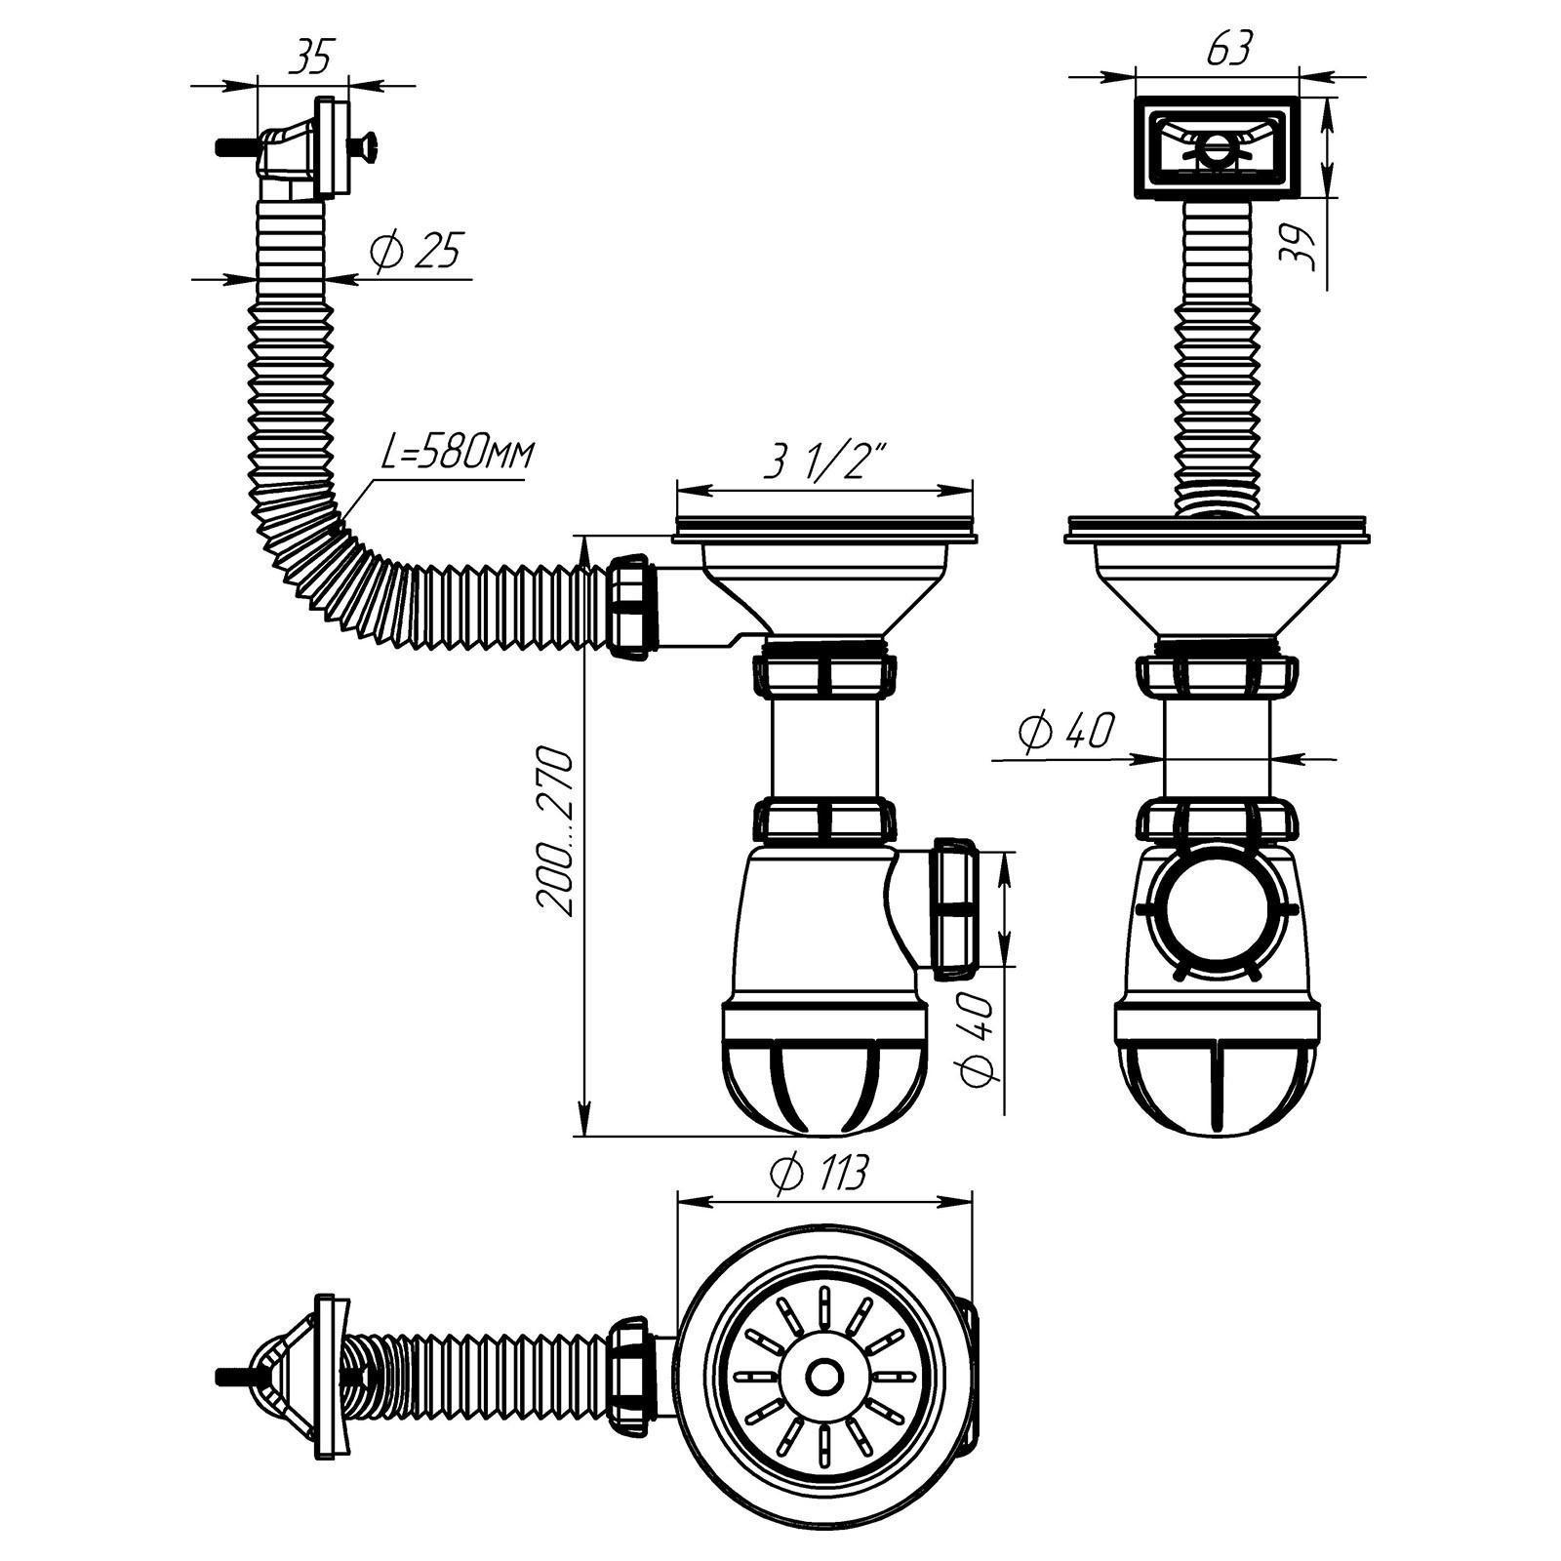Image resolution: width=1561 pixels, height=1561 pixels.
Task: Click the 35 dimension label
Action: coord(310,58)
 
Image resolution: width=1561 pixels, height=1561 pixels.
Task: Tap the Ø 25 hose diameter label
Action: coord(417,252)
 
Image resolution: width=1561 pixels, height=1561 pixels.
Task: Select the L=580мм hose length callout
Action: coord(457,455)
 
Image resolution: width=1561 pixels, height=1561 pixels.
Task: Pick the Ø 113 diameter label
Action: coord(818,1174)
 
